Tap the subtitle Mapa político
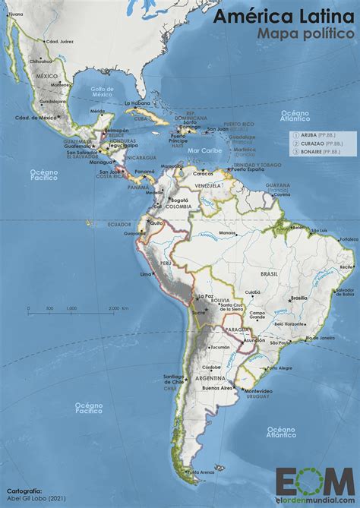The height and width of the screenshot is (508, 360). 305,34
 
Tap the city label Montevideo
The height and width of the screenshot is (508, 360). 258,391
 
